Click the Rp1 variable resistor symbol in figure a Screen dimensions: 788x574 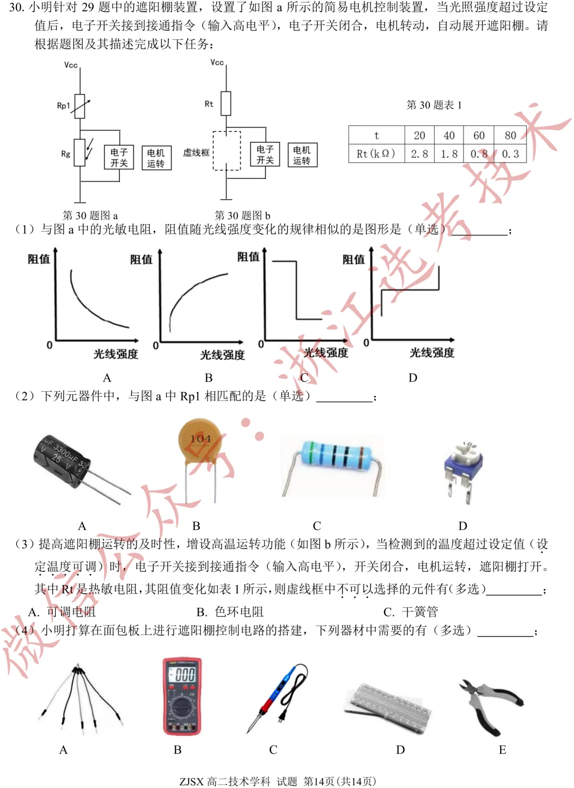80,106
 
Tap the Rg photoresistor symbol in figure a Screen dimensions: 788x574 80,152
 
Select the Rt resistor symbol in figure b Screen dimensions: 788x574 226,104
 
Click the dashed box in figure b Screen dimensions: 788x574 227,150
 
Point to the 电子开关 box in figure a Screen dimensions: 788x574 119,158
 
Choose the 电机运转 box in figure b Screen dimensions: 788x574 301,155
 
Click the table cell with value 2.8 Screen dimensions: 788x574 419,154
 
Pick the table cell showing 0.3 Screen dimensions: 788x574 510,154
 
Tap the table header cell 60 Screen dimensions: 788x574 479,135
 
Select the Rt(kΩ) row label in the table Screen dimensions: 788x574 376,154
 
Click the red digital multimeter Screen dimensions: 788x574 182,696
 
